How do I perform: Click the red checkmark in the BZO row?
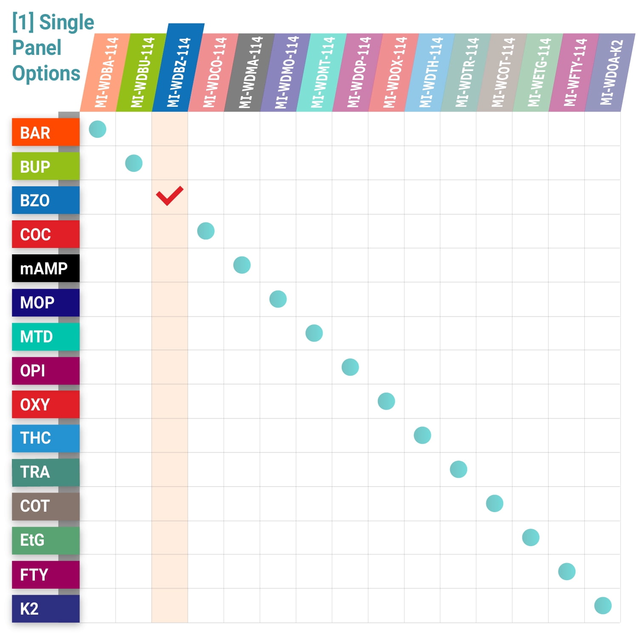click(170, 196)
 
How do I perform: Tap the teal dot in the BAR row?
click(97, 129)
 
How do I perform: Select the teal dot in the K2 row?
click(603, 606)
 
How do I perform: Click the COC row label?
click(45, 234)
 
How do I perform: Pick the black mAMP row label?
click(45, 268)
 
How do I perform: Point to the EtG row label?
click(45, 540)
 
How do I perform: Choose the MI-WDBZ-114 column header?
click(179, 68)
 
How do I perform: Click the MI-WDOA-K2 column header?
click(611, 72)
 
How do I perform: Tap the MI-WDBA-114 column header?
click(106, 72)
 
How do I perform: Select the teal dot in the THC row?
click(422, 435)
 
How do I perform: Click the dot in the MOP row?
click(278, 299)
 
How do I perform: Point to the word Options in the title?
click(46, 73)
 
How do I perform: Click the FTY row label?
click(45, 575)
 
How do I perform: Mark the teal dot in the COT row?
click(494, 504)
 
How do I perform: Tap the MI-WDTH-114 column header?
click(431, 72)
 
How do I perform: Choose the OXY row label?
click(45, 404)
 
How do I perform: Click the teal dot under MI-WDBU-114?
click(133, 163)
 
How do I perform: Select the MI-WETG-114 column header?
click(539, 72)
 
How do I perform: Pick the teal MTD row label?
click(45, 336)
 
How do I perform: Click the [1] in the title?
click(23, 22)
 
